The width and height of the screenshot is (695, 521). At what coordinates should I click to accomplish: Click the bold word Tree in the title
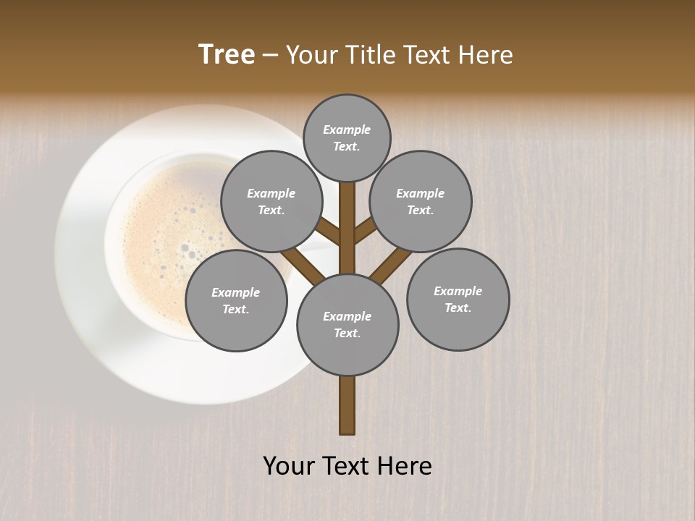tap(227, 55)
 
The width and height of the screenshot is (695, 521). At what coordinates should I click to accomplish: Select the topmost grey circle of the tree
tap(347, 137)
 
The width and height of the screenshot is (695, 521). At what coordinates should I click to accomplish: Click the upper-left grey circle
tap(271, 201)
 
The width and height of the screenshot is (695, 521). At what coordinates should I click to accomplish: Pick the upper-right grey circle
tap(421, 201)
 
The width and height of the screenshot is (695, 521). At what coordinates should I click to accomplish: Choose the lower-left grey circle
tap(236, 300)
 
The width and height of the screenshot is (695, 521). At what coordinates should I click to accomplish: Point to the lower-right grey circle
tap(458, 299)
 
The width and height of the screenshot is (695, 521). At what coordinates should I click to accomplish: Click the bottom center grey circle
tap(347, 324)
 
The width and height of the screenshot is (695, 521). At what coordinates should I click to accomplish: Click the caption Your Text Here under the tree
tap(347, 466)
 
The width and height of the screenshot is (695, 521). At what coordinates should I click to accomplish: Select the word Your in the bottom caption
tap(288, 466)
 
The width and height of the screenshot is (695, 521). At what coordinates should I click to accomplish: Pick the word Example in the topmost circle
tap(347, 130)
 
